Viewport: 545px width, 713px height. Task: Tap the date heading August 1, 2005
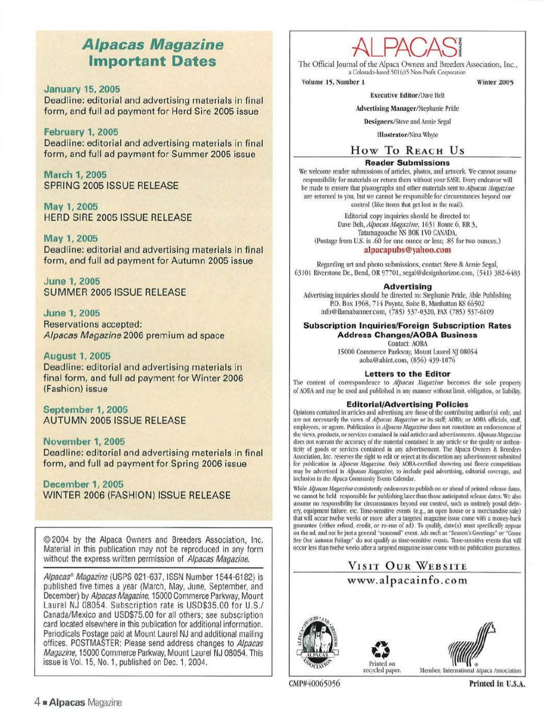(x=77, y=355)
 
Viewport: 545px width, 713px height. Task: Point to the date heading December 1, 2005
(x=84, y=484)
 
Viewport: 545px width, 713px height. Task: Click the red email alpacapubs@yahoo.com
(x=407, y=250)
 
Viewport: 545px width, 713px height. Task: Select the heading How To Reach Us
(x=407, y=150)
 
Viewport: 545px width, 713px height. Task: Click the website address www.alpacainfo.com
(x=407, y=581)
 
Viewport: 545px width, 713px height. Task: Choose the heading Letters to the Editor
(x=407, y=374)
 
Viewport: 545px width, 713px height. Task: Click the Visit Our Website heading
(x=407, y=567)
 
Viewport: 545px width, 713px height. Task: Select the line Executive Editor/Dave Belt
(x=407, y=95)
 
